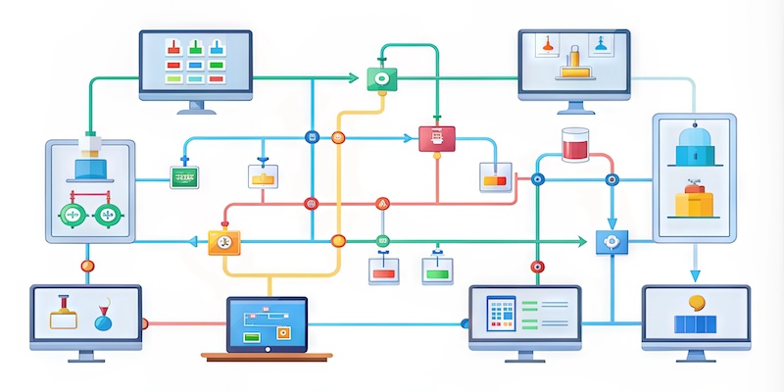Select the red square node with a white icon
click(x=431, y=138)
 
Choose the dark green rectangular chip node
click(x=184, y=177)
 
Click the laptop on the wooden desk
click(x=267, y=325)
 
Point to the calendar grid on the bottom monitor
click(x=502, y=316)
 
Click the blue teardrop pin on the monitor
click(x=103, y=318)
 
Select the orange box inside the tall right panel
click(x=695, y=202)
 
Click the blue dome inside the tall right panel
click(x=694, y=147)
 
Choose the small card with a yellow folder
click(x=263, y=175)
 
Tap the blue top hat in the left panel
click(x=90, y=170)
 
